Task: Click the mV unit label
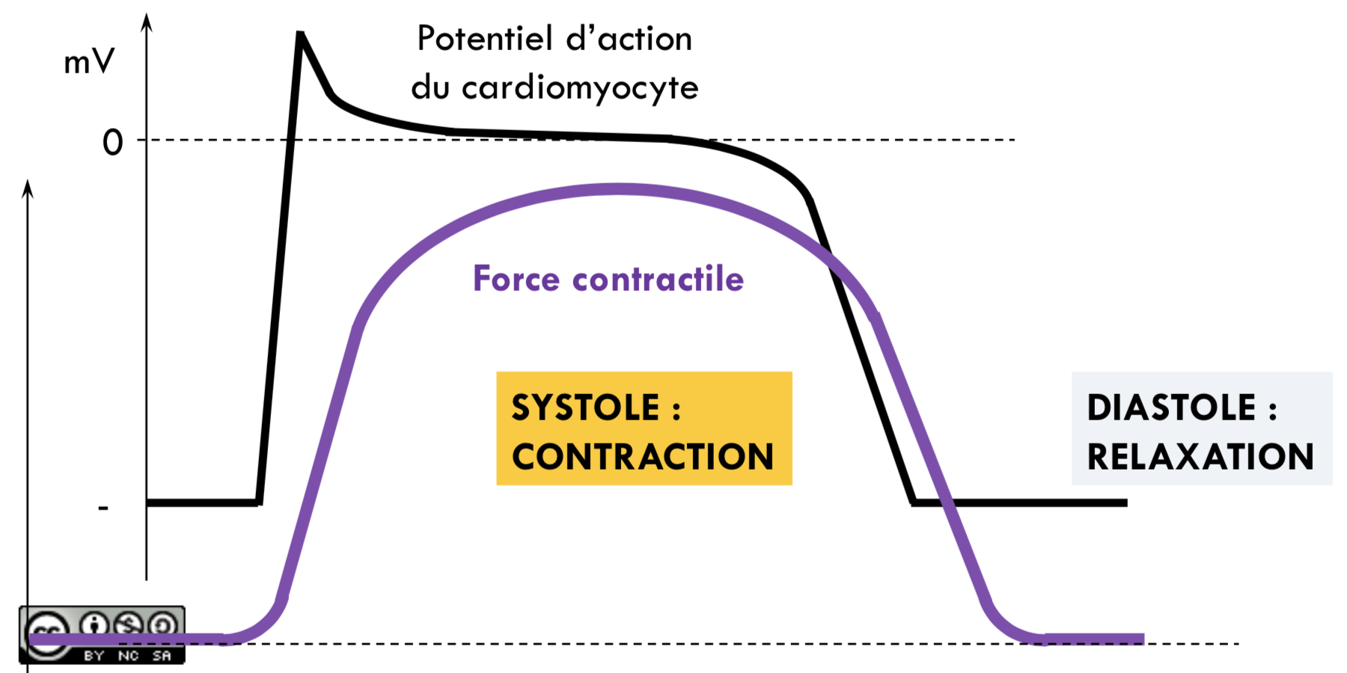coord(89,61)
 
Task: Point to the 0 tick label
coord(113,142)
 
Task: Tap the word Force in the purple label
coord(516,279)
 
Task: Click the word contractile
coord(658,279)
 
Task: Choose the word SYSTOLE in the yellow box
coord(586,408)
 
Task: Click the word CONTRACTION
coord(643,457)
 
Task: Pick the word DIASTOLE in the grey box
coord(1172,408)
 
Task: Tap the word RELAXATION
coord(1200,457)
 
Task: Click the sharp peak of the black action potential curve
coord(300,33)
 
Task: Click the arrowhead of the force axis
coord(28,189)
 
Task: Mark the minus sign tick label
coord(103,508)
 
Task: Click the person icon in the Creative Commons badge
coord(94,624)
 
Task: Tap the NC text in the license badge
coord(128,656)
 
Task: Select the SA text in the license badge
coord(162,656)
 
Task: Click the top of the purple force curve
coord(618,189)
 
